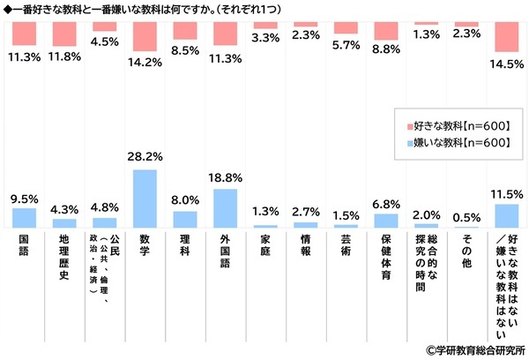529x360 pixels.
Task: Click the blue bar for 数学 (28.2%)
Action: pyautogui.click(x=145, y=199)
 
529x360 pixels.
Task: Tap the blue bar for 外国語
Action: pyautogui.click(x=225, y=208)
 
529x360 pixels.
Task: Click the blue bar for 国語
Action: pyautogui.click(x=24, y=218)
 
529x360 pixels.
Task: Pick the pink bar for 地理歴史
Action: pyautogui.click(x=64, y=34)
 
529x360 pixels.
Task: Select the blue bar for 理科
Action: pyautogui.click(x=185, y=220)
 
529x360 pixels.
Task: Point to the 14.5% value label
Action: pyautogui.click(x=506, y=64)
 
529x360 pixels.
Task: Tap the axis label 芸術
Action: pyautogui.click(x=346, y=244)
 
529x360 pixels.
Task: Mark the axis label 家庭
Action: pyautogui.click(x=265, y=244)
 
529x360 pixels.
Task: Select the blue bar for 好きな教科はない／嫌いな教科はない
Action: pyautogui.click(x=506, y=216)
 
